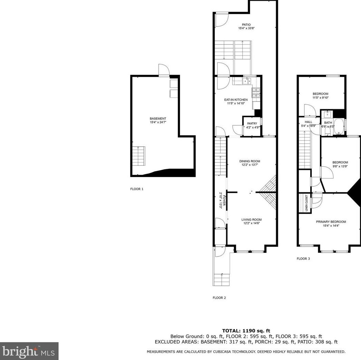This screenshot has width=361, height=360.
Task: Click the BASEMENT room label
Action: click(x=158, y=119)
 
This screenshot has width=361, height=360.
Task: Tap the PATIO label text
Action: click(x=246, y=24)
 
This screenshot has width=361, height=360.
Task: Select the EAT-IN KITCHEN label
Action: click(x=236, y=100)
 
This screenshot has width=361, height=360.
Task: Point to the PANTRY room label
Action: click(x=252, y=124)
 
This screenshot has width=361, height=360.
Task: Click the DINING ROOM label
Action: click(x=250, y=161)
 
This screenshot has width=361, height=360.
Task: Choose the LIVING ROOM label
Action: click(x=251, y=220)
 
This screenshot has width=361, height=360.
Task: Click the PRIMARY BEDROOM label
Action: click(x=331, y=222)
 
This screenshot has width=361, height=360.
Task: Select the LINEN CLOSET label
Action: click(x=307, y=203)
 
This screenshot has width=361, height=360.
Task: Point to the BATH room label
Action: click(x=328, y=123)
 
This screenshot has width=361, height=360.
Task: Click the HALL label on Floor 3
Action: click(x=309, y=122)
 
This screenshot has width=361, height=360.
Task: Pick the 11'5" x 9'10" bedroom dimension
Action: click(x=320, y=97)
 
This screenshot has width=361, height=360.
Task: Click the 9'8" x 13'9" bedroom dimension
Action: click(x=340, y=166)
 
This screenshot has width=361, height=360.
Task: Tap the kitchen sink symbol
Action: click(x=247, y=81)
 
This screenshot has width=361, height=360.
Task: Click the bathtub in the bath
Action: click(x=339, y=127)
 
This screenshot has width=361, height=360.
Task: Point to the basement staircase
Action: click(x=139, y=156)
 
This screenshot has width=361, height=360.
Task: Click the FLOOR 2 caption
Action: click(x=219, y=298)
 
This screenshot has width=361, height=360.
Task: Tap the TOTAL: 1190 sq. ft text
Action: click(x=246, y=331)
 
